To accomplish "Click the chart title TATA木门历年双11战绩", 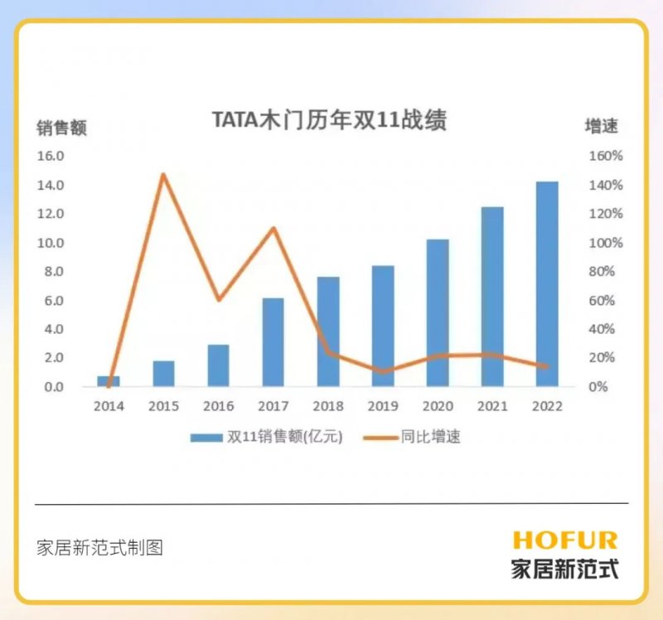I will pyautogui.click(x=330, y=120).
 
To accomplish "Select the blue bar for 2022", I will pyautogui.click(x=547, y=283).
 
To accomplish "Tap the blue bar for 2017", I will pyautogui.click(x=273, y=341).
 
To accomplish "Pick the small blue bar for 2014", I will pyautogui.click(x=109, y=381).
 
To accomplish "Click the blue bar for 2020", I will pyautogui.click(x=438, y=312).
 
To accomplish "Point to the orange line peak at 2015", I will pyautogui.click(x=163, y=174).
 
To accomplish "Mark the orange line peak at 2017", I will pyautogui.click(x=273, y=228).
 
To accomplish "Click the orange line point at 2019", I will pyautogui.click(x=382, y=371).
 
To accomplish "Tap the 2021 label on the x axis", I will pyautogui.click(x=492, y=406).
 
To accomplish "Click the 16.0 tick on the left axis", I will pyautogui.click(x=50, y=156).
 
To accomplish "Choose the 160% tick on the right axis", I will pyautogui.click(x=606, y=156).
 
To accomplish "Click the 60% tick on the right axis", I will pyautogui.click(x=603, y=300).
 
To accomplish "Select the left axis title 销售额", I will pyautogui.click(x=60, y=128).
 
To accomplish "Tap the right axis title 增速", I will pyautogui.click(x=602, y=127).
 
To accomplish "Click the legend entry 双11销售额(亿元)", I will pyautogui.click(x=266, y=438).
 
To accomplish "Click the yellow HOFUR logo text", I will pyautogui.click(x=565, y=541).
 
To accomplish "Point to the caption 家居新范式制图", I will pyautogui.click(x=99, y=548).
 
